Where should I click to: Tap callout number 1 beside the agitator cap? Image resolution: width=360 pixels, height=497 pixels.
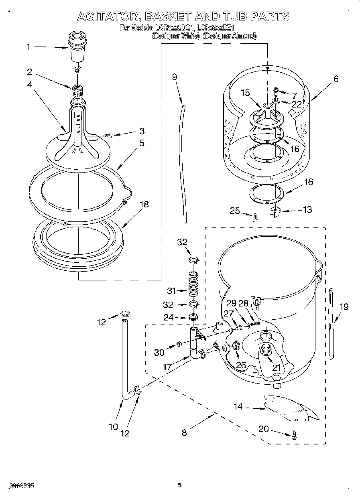28,47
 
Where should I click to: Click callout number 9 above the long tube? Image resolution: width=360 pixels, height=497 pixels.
175,77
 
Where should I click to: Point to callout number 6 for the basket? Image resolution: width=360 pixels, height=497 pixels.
336,79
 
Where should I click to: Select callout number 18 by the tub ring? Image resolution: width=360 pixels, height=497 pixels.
144,205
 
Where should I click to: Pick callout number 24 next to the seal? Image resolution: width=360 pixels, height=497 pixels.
169,317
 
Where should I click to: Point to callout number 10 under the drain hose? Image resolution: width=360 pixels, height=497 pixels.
113,426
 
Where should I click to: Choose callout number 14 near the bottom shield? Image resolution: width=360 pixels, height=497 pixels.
238,406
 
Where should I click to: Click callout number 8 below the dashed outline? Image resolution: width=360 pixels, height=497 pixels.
184,432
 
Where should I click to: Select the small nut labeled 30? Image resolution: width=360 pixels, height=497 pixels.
179,344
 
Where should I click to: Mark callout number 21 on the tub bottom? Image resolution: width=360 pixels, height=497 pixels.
277,367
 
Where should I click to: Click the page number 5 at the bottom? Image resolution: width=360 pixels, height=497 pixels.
179,485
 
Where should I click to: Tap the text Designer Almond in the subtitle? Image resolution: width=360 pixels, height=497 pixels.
229,36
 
